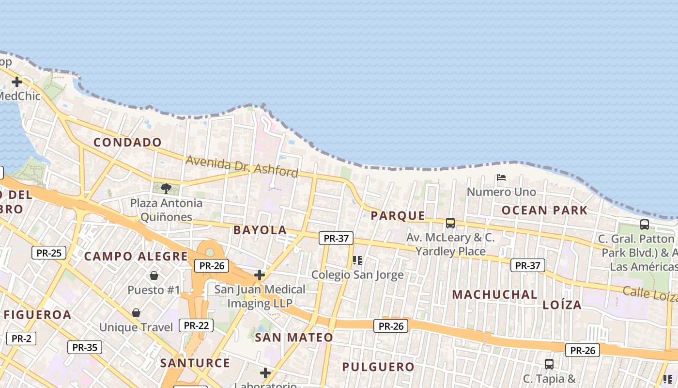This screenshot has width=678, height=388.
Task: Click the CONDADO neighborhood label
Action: click(x=127, y=142)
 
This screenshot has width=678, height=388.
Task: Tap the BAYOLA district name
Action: click(x=260, y=230)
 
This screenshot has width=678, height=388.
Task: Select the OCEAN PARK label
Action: click(x=544, y=210)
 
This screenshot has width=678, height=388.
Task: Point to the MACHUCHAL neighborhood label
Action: click(x=494, y=294)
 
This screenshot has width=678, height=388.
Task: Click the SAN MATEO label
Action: click(x=294, y=337)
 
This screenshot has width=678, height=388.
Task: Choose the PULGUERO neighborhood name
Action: click(x=378, y=367)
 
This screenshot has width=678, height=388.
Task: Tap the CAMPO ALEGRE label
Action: click(x=136, y=256)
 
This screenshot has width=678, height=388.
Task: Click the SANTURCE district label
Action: click(x=195, y=363)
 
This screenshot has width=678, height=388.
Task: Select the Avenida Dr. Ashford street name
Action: click(x=242, y=166)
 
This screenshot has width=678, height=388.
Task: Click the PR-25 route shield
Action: click(x=49, y=253)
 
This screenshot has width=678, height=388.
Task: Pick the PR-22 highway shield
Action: click(x=196, y=325)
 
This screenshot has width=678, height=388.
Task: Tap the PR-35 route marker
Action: click(x=85, y=347)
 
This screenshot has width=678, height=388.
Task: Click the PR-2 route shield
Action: click(x=21, y=339)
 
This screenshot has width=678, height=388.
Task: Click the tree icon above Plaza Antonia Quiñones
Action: click(x=166, y=188)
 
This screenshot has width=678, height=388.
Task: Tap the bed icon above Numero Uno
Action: click(x=501, y=178)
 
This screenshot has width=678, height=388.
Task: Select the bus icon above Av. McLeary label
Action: click(x=450, y=223)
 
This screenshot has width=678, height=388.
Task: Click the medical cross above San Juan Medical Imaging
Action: click(x=260, y=275)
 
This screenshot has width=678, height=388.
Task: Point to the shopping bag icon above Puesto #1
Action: click(x=154, y=275)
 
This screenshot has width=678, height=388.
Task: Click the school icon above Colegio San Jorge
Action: click(x=357, y=260)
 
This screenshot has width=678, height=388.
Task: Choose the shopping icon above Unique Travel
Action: click(x=136, y=313)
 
